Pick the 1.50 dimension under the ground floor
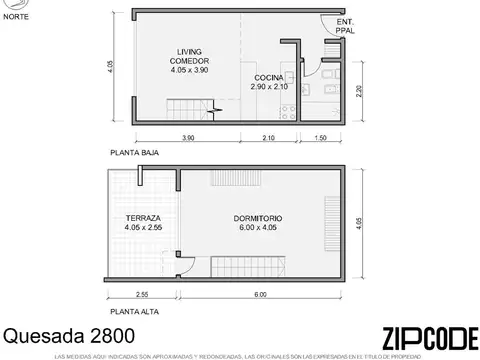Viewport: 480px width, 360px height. point(320,137)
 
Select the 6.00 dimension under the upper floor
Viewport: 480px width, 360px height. point(260,295)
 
